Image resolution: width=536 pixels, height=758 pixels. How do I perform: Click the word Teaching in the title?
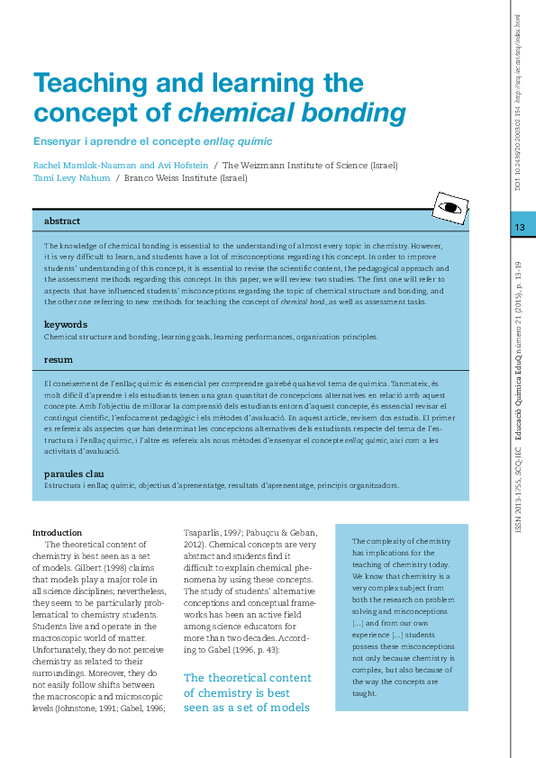pyautogui.click(x=86, y=84)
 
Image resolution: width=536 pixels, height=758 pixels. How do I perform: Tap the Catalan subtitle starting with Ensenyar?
pyautogui.click(x=152, y=141)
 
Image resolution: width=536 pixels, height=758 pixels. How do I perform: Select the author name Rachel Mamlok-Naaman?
pyautogui.click(x=81, y=165)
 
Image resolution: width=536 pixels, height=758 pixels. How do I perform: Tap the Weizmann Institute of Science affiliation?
pyautogui.click(x=310, y=165)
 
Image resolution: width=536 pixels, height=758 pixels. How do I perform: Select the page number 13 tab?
pyautogui.click(x=519, y=227)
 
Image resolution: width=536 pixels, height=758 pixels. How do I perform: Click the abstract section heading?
pyautogui.click(x=62, y=221)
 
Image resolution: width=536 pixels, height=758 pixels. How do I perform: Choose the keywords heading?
pyautogui.click(x=66, y=324)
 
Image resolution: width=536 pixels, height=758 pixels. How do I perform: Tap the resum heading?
pyautogui.click(x=59, y=359)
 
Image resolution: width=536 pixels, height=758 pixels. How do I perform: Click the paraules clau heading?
pyautogui.click(x=77, y=474)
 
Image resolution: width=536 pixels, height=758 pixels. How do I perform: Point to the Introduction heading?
pyautogui.click(x=57, y=532)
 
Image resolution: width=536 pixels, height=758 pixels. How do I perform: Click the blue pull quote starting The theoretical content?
pyautogui.click(x=248, y=692)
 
